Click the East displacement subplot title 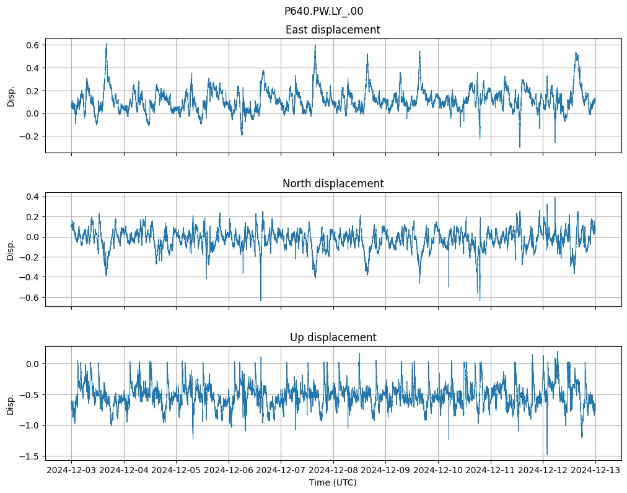333,30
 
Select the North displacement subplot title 333,184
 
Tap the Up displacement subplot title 333,337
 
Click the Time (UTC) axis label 333,482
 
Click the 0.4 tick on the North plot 32,197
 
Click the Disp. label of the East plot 11,95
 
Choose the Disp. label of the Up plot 11,403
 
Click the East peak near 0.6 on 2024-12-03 107,44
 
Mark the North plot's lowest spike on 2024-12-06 261,301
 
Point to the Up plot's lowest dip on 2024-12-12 547,454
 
